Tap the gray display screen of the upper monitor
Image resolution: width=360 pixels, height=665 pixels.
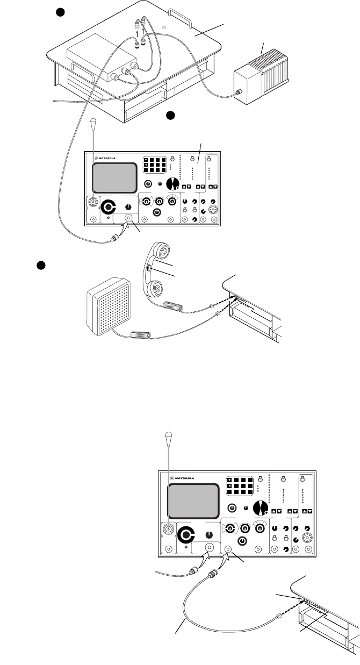pos(114,178)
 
